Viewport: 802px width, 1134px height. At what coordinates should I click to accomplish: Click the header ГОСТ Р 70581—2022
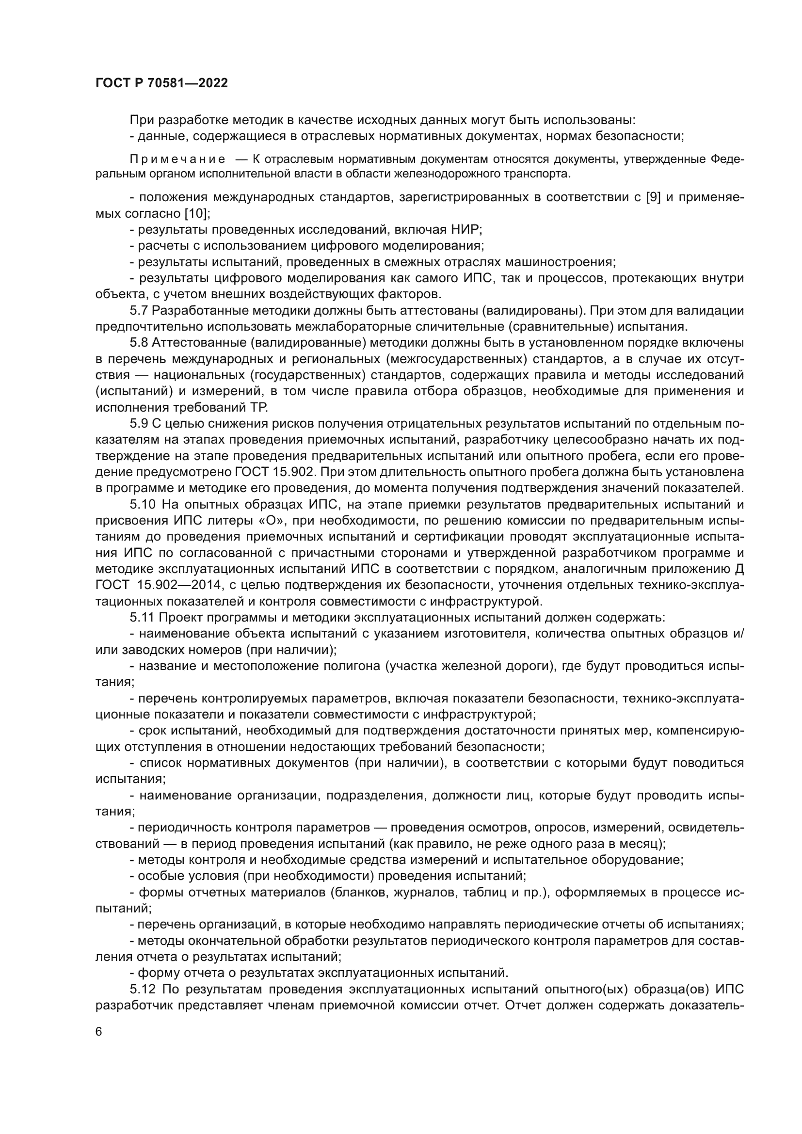click(x=161, y=83)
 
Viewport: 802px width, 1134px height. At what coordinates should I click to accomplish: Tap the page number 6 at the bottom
click(x=99, y=1046)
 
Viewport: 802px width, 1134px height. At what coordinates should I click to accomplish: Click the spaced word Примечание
click(x=177, y=159)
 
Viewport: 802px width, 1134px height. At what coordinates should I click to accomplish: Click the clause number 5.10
click(x=143, y=504)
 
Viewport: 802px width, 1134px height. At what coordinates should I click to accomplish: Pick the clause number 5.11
click(x=142, y=617)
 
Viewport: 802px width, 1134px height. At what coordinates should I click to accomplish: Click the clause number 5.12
click(x=143, y=989)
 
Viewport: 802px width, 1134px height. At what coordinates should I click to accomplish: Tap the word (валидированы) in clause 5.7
click(x=532, y=311)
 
